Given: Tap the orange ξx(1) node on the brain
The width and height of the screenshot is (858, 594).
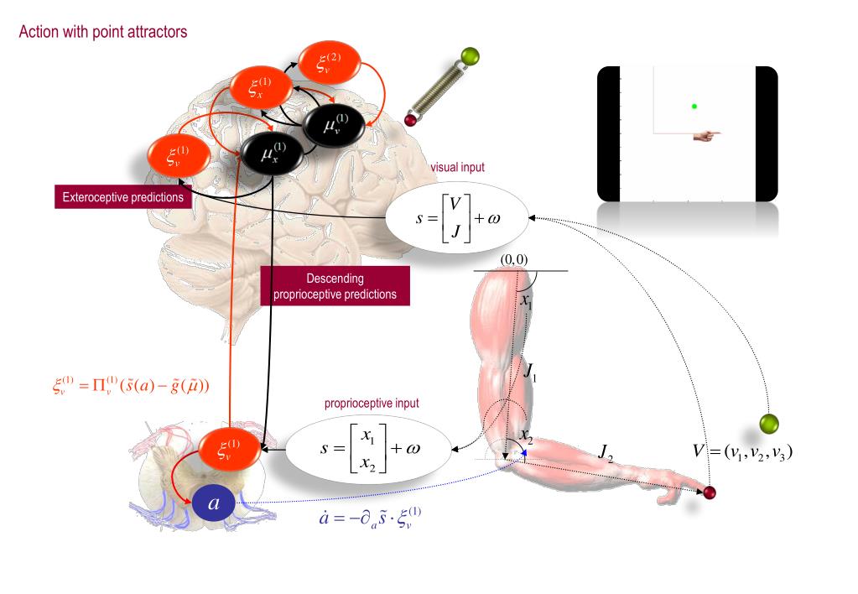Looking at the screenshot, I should (260, 86).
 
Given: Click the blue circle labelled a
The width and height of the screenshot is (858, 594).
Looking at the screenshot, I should (213, 505).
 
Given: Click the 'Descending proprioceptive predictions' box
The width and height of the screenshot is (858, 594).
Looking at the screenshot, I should (335, 286).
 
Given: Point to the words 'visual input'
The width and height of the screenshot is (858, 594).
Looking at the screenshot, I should (457, 168).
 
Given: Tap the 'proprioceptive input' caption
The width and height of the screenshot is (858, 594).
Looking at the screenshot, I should (372, 404).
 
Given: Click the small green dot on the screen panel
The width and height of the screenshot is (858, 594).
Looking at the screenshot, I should (694, 106).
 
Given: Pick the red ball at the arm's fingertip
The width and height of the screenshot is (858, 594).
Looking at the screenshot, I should (710, 492).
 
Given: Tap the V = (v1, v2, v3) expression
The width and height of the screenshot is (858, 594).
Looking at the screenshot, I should (743, 451).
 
